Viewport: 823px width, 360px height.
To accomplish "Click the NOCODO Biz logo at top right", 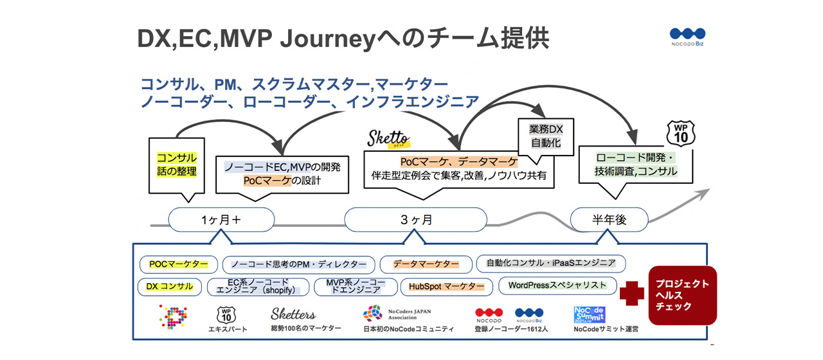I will (687, 37).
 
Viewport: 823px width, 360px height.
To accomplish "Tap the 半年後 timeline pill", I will (610, 220).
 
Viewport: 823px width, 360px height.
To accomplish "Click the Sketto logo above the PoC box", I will (388, 138).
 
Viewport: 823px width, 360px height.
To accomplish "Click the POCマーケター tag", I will (178, 264).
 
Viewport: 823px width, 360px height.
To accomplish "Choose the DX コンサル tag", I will (169, 286).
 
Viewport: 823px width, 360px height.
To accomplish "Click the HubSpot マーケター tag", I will (447, 286).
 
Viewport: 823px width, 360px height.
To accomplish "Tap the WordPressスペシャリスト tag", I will (557, 285).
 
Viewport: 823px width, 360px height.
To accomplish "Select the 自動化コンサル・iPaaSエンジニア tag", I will (550, 263).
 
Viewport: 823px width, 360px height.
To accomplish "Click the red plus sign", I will (631, 293).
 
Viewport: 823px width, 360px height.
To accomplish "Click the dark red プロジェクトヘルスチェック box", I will (682, 295).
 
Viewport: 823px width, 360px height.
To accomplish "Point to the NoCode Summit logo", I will (589, 314).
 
